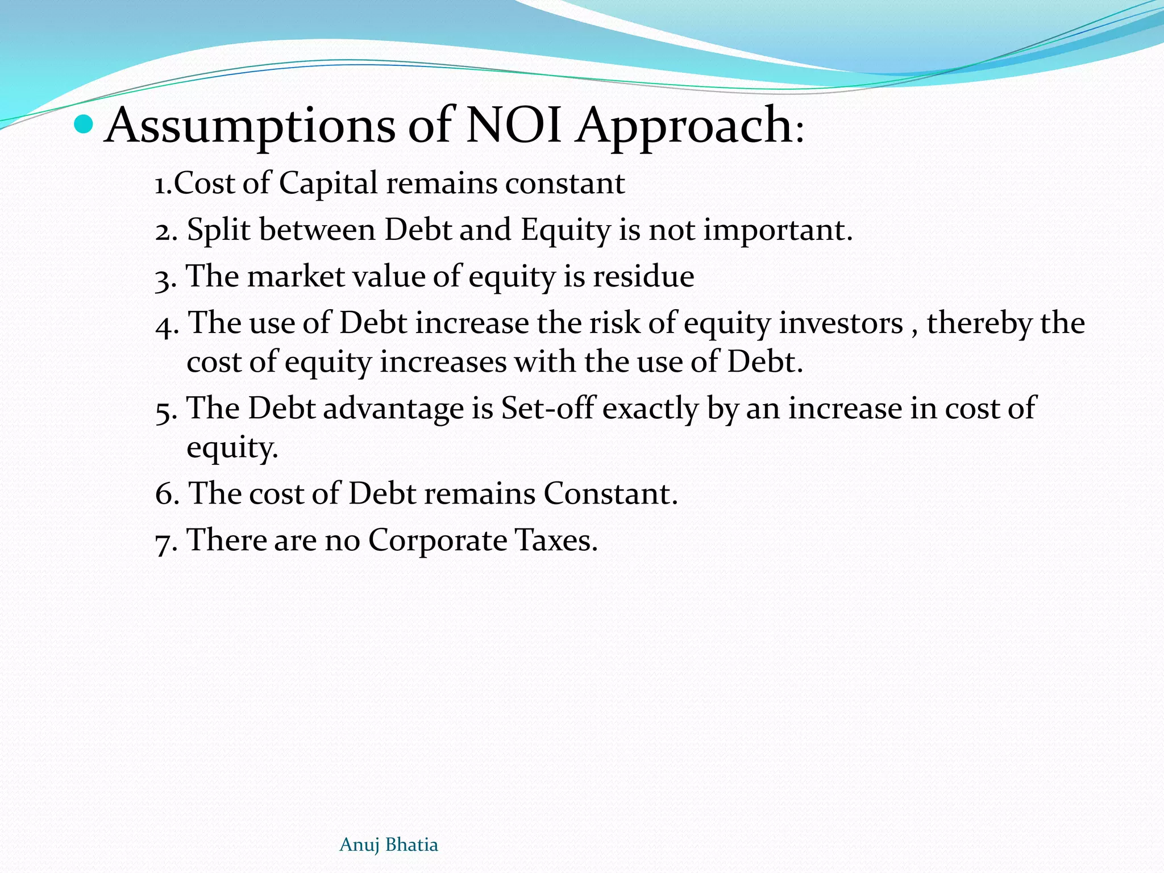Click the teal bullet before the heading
[84, 123]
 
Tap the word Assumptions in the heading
[250, 126]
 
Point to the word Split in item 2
[219, 230]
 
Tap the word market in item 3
[296, 277]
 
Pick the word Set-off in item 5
[547, 408]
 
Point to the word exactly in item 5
[650, 408]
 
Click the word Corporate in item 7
[437, 540]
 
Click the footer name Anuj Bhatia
[389, 845]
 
